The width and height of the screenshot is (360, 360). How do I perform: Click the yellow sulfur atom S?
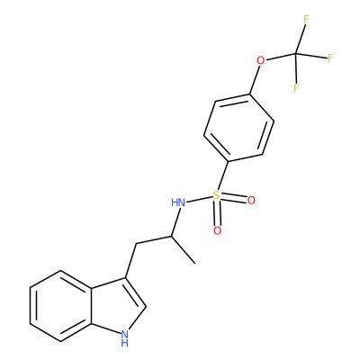click(216, 195)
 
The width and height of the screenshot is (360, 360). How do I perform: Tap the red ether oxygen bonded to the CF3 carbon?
click(261, 61)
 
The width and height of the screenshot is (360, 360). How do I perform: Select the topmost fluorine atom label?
click(306, 20)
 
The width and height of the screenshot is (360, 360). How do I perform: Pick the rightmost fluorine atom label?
click(330, 58)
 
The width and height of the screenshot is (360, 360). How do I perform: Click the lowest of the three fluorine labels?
click(296, 88)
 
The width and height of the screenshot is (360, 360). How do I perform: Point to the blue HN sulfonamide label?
click(178, 202)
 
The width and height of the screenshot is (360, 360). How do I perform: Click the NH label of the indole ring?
click(124, 337)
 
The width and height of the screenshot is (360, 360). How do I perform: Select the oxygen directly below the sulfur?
click(217, 230)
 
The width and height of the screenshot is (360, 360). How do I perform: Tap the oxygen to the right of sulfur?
click(251, 201)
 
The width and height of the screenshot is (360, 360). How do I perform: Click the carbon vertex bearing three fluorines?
click(296, 54)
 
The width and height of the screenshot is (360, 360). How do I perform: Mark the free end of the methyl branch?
click(195, 264)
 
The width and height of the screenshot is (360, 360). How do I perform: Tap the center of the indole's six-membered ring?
click(60, 306)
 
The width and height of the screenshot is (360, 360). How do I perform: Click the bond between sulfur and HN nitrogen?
click(199, 199)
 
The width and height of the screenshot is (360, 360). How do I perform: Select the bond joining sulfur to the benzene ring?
click(223, 176)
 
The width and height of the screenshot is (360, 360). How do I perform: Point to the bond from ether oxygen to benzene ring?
click(255, 80)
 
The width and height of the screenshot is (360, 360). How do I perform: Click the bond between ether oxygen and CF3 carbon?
click(281, 57)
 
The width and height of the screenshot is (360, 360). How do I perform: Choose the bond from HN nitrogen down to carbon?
click(175, 221)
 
